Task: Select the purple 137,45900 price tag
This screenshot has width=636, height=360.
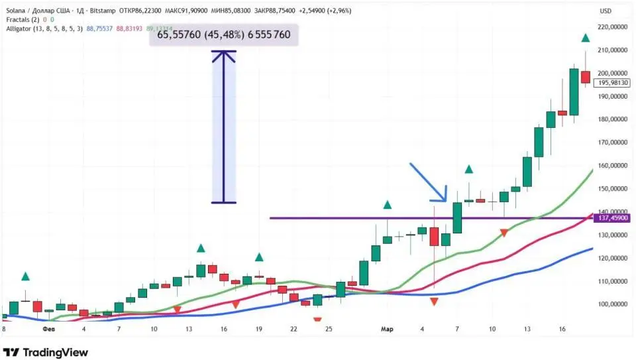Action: coord(612,218)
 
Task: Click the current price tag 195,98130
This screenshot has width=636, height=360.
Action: coord(612,83)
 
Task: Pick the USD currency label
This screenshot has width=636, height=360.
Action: coord(606,11)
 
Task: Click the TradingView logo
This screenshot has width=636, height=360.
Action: coord(45,352)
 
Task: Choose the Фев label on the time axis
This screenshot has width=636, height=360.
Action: coord(48,328)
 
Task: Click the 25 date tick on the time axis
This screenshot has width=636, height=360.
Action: coord(329,328)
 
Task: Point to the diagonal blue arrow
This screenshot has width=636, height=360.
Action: coord(428,182)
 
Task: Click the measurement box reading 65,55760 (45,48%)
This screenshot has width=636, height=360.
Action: coord(223,34)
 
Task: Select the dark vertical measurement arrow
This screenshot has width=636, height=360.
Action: coord(224,127)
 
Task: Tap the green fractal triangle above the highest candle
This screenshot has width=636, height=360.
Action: coord(586,38)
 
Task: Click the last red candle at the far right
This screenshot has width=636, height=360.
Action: coord(586,77)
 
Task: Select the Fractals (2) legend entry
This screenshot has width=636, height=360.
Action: coord(21,20)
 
